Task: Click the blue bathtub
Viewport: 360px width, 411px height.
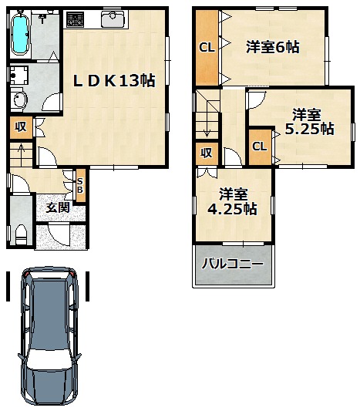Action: pyautogui.click(x=20, y=32)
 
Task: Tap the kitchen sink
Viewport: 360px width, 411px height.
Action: pyautogui.click(x=113, y=19)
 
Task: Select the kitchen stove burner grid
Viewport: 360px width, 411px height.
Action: pyautogui.click(x=76, y=19)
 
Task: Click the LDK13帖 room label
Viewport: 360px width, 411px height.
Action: pyautogui.click(x=114, y=81)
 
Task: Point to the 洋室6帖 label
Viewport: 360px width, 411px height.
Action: pyautogui.click(x=272, y=47)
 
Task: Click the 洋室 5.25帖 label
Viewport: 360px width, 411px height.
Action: pyautogui.click(x=309, y=122)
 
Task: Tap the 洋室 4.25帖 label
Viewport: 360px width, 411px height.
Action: pyautogui.click(x=232, y=201)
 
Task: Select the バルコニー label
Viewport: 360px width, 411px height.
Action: pyautogui.click(x=232, y=264)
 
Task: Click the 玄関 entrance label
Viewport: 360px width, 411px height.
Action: pyautogui.click(x=58, y=208)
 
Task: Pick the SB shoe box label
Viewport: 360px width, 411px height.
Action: pyautogui.click(x=80, y=185)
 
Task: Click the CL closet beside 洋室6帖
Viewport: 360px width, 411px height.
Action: pyautogui.click(x=207, y=48)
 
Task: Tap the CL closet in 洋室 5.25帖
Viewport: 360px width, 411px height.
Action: pyautogui.click(x=260, y=147)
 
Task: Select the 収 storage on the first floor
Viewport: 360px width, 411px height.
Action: pyautogui.click(x=21, y=127)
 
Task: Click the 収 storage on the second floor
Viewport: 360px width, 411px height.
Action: pyautogui.click(x=207, y=153)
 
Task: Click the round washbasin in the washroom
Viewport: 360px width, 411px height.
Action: pyautogui.click(x=19, y=99)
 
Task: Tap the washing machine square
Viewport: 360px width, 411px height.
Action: pyautogui.click(x=19, y=75)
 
